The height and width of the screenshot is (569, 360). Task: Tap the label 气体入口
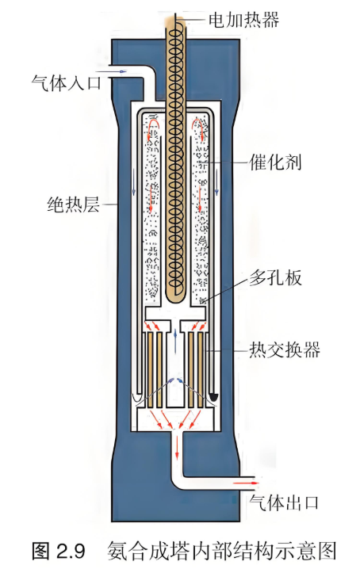click(66, 83)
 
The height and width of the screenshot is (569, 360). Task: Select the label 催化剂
click(275, 162)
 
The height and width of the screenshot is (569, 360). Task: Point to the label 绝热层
click(74, 204)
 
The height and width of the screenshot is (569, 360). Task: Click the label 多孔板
click(275, 277)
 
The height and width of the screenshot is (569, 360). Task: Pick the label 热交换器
click(285, 349)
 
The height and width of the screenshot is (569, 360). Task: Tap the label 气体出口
click(284, 502)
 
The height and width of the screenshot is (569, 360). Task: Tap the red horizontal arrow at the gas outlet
click(246, 483)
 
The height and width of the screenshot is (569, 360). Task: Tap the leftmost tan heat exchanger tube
click(150, 370)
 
